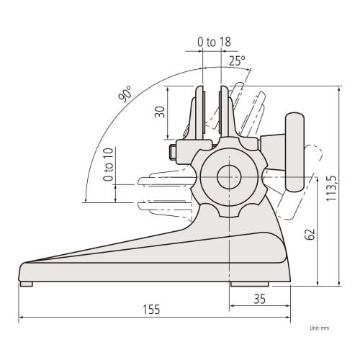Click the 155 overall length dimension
coord(150,309)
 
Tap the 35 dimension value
coord(261,298)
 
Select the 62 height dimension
coord(310,234)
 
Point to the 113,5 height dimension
coord(331,189)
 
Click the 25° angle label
coord(237,60)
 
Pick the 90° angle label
coord(127,94)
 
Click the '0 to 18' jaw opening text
coord(214,42)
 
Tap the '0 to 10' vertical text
coord(108,164)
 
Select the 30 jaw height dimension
coord(160,112)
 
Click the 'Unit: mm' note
coord(319,327)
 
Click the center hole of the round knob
coord(228,175)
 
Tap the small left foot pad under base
coord(26,284)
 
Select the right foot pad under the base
coord(248,284)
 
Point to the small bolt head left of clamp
coord(172,152)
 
